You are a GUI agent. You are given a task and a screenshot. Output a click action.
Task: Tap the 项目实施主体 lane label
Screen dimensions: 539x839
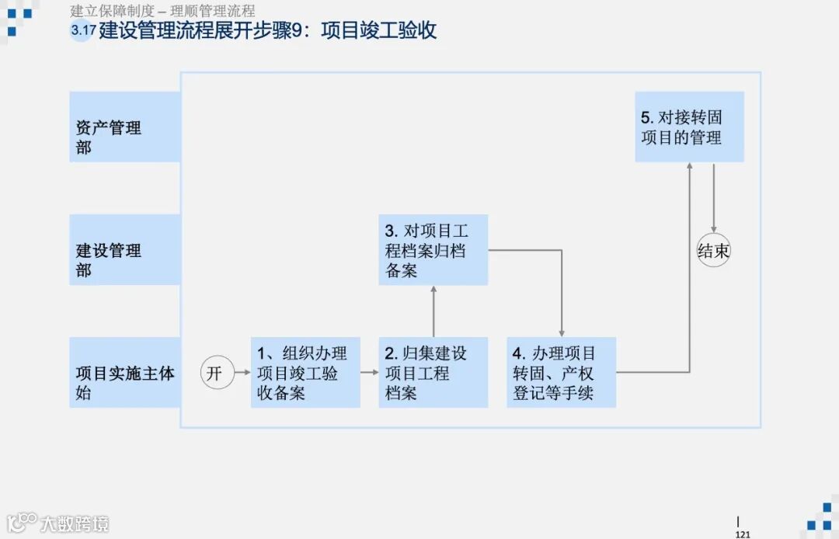coord(124,373)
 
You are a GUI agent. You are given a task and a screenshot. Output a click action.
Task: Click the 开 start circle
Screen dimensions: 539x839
coord(216,373)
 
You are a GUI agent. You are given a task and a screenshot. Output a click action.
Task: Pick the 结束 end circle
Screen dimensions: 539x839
coord(713,251)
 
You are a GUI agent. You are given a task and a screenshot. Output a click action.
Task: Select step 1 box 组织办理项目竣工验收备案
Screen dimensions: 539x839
coord(305,373)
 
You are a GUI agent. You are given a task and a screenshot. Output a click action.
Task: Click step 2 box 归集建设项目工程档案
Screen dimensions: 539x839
coord(433,373)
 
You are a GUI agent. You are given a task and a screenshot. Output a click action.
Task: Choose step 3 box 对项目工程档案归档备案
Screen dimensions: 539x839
coord(433,250)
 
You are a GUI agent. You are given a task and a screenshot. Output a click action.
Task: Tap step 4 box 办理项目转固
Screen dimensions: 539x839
coord(561,373)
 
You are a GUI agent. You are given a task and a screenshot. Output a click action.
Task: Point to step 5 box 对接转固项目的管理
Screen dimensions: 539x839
coord(689,127)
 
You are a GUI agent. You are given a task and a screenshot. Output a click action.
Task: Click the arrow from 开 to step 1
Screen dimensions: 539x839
coord(242,373)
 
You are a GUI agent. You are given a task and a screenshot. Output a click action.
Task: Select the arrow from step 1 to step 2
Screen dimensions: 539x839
coord(369,373)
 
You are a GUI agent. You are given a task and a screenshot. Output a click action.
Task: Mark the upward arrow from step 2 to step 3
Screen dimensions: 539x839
coord(433,311)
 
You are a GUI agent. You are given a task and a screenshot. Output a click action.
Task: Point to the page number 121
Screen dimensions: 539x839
coord(743,534)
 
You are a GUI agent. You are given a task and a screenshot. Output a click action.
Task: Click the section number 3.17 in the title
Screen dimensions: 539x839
coord(81,31)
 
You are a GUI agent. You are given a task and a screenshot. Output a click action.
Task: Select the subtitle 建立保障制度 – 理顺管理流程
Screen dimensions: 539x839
coord(162,11)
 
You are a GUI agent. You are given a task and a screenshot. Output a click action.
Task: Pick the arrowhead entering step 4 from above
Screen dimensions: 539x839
coord(561,332)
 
